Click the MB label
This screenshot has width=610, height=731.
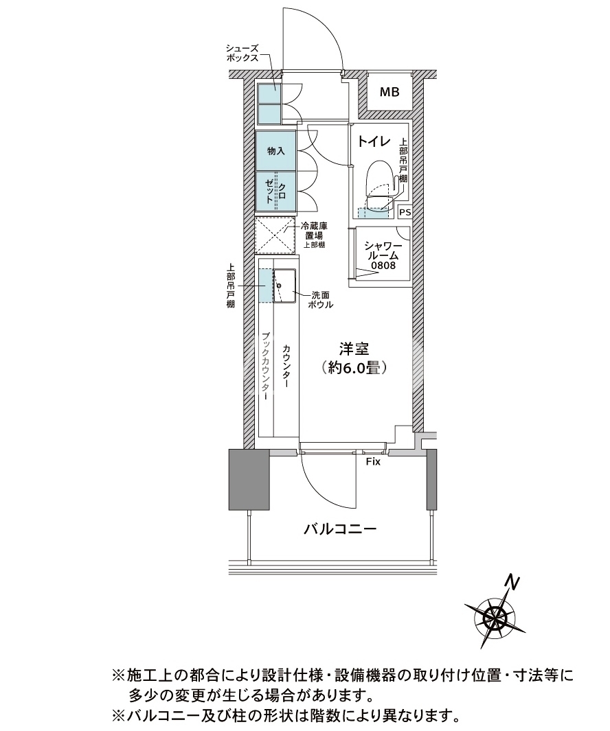pos(389,92)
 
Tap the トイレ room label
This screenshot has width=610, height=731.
pos(374,141)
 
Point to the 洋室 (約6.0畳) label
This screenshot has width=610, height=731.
pos(354,358)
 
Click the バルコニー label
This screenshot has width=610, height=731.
pos(340,529)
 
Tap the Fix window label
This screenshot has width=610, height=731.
pos(373,462)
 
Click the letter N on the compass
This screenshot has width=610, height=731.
pos(513,582)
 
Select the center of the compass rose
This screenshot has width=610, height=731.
pos(495,618)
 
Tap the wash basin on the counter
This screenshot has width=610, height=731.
pos(284,286)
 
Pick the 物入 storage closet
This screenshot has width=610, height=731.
pos(275,150)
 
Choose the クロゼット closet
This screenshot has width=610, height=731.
pos(275,192)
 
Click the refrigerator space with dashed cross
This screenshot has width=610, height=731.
pos(275,236)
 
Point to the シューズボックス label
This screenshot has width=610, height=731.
pos(242,53)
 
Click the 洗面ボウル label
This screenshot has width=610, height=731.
pos(321,300)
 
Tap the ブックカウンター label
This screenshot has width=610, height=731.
pos(265,367)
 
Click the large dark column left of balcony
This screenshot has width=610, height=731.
pos(249,479)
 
